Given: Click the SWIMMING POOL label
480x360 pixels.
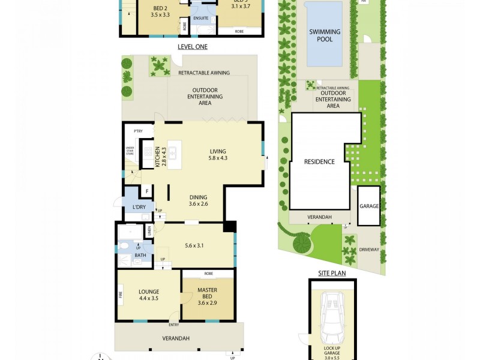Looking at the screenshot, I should [x=325, y=35].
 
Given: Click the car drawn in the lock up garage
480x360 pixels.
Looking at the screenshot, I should [x=332, y=317].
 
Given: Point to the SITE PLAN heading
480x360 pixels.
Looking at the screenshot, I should [x=332, y=273].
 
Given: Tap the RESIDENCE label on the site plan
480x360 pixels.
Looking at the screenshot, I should [x=319, y=161].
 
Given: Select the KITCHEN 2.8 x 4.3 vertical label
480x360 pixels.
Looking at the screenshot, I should [x=161, y=156].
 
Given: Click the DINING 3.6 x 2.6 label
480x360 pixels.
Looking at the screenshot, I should [x=199, y=200].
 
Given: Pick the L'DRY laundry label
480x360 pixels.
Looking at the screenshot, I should [x=139, y=208].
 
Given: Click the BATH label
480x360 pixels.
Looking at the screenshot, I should [x=140, y=255].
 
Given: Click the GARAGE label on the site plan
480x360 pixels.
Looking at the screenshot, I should [x=369, y=206].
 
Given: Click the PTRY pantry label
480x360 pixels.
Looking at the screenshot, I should [x=137, y=130].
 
